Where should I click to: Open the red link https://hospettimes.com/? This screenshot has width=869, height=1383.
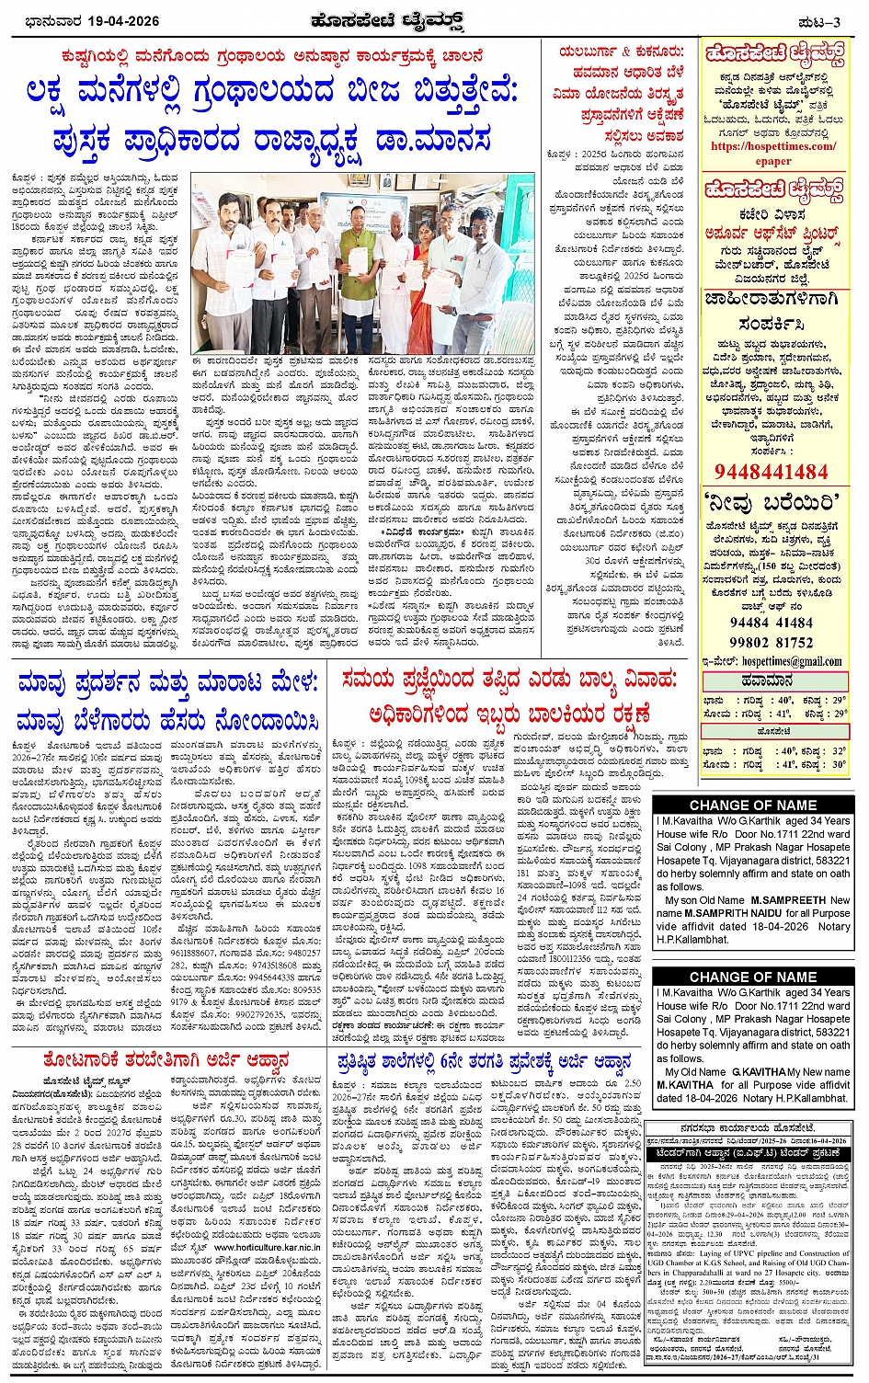point(773,145)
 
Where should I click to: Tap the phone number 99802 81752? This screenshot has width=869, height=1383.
point(771,642)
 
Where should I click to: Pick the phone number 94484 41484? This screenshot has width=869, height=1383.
point(771,623)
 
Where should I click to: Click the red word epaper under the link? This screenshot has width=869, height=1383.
point(773,161)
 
